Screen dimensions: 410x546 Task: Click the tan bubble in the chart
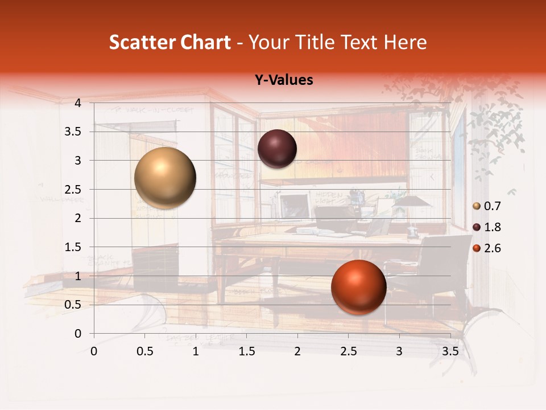click(166, 178)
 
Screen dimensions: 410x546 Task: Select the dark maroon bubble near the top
click(277, 149)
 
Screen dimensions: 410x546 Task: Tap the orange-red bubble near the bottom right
click(358, 288)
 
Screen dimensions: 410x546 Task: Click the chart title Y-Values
click(283, 80)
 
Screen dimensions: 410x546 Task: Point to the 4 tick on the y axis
click(78, 103)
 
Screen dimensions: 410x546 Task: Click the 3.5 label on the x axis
click(450, 351)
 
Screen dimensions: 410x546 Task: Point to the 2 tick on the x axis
click(297, 351)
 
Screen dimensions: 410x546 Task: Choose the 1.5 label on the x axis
click(246, 351)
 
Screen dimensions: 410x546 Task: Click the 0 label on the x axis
click(94, 351)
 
